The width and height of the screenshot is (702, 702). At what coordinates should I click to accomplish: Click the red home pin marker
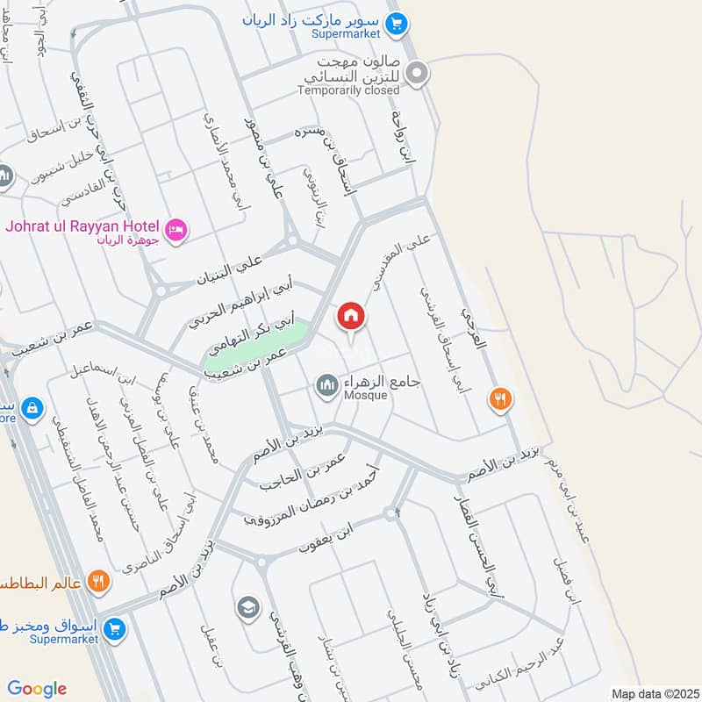(x=350, y=316)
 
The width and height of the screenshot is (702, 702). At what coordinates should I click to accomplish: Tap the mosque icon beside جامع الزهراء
(x=327, y=384)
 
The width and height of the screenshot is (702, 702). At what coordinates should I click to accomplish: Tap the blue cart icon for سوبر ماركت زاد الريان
(x=396, y=22)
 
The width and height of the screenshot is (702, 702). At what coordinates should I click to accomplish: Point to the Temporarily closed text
(x=348, y=90)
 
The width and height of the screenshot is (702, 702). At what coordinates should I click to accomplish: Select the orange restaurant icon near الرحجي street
(x=501, y=399)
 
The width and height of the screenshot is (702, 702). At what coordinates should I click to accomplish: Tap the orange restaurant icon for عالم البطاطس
(x=99, y=581)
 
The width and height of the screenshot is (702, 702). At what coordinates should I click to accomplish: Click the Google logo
(x=37, y=689)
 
